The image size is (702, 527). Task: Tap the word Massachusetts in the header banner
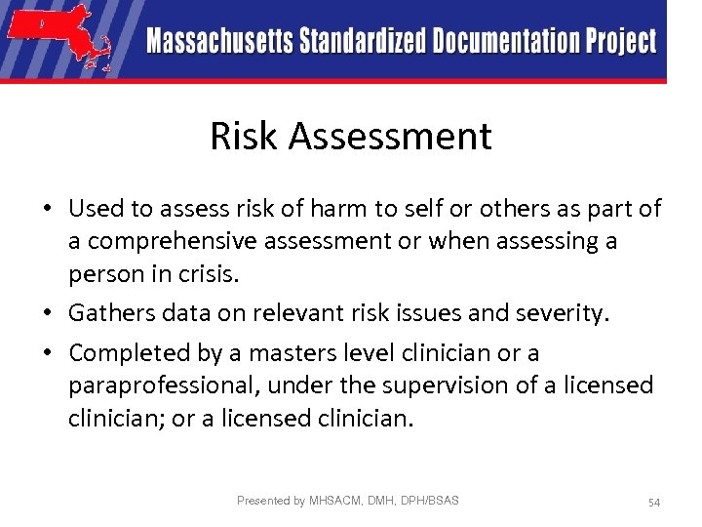220,42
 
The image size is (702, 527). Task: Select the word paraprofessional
161,385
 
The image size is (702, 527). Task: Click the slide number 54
653,503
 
